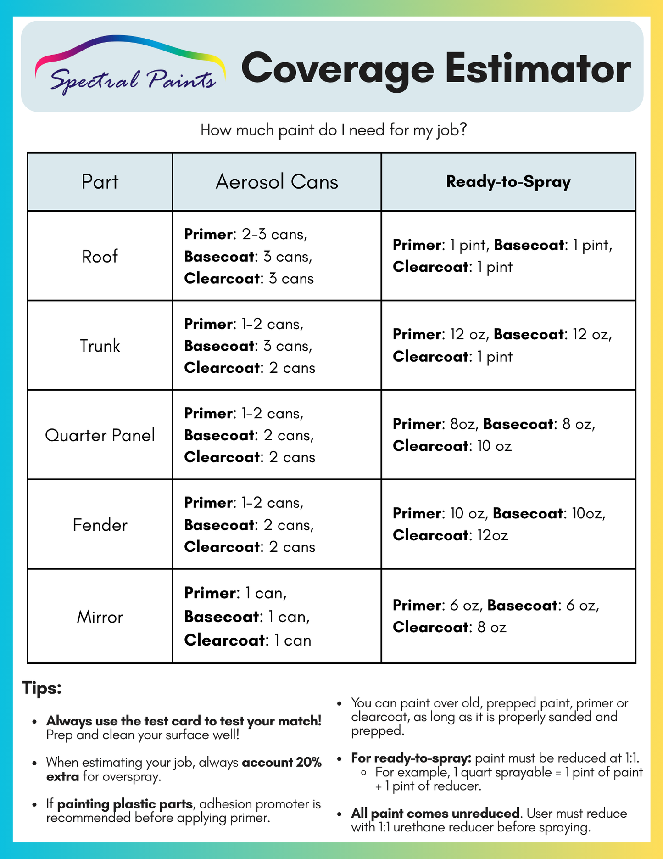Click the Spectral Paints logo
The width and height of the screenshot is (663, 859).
coord(130,66)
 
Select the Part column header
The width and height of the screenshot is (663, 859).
coord(100,182)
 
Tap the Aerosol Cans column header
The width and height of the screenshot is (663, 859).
coord(277,182)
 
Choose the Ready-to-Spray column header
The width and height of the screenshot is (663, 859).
coord(508,182)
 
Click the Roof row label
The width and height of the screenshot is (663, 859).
coord(100,256)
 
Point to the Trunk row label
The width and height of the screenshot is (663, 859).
coord(100,346)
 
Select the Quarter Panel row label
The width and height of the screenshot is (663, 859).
coord(100,435)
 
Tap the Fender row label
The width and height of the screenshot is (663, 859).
coord(100,525)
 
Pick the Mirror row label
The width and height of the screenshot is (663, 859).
coord(100,617)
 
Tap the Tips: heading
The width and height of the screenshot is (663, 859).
coord(42,688)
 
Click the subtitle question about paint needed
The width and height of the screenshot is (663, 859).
coord(334,130)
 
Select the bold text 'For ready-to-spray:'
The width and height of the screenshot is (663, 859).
coord(411,758)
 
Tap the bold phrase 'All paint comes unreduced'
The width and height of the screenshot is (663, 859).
coord(436,814)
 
